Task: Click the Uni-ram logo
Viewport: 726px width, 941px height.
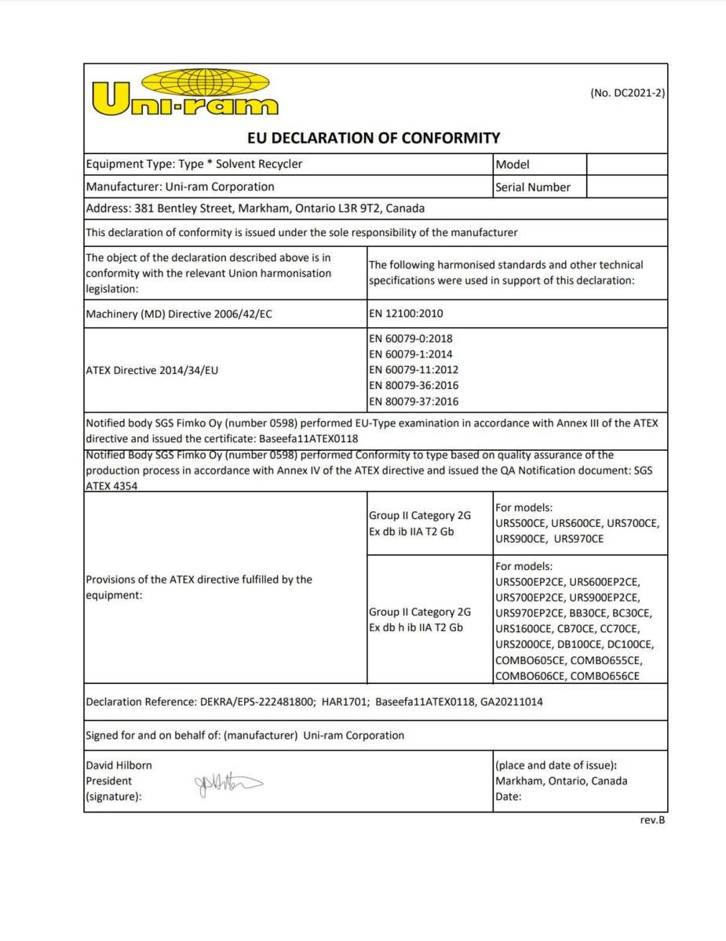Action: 184,93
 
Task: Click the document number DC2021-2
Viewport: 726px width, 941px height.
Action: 627,93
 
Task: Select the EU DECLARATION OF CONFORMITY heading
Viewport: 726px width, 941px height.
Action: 374,138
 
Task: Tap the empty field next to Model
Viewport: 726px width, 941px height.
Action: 626,164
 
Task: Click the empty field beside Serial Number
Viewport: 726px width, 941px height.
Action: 626,187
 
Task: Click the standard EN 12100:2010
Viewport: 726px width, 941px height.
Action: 406,314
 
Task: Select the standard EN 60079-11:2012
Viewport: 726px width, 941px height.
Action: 414,369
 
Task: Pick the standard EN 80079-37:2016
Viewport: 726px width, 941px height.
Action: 414,401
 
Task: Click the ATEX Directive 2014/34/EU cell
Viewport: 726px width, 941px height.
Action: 151,370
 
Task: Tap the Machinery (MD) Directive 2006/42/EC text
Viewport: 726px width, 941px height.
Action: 179,314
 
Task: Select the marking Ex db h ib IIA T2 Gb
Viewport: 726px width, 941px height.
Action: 416,627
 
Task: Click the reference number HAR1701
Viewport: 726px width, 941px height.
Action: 345,702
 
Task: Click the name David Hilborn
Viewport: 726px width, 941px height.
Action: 119,765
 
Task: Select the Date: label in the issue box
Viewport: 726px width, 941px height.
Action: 508,797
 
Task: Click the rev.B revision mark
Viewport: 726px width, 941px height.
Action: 652,820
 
